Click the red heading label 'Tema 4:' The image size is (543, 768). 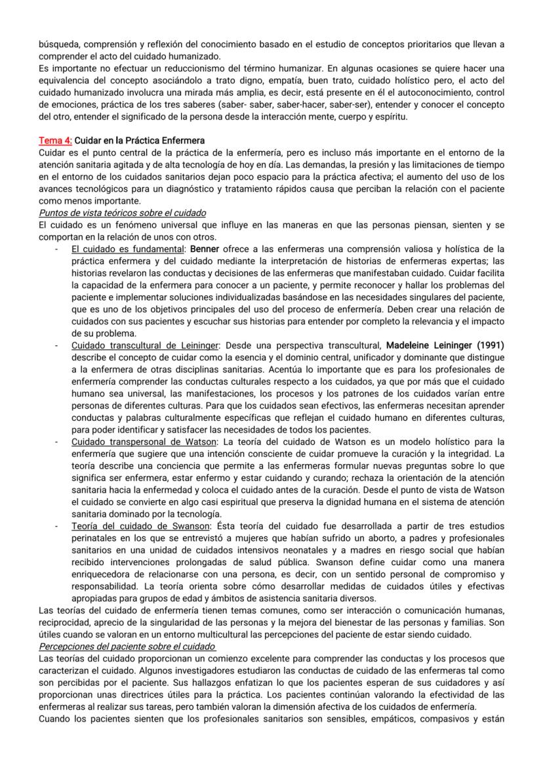click(56, 140)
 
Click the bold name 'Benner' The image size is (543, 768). click(205, 249)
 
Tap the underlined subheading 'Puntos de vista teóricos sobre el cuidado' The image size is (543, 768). click(123, 213)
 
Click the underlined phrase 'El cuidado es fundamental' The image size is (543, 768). click(128, 249)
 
